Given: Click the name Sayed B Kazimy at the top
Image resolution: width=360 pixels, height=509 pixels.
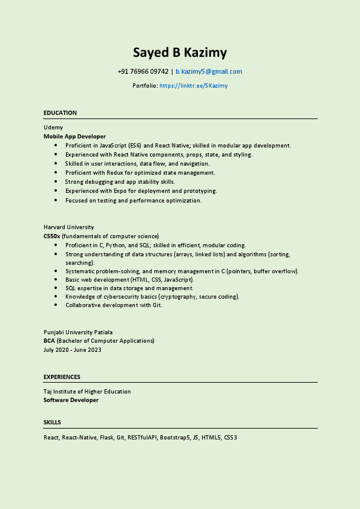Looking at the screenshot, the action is (180, 53).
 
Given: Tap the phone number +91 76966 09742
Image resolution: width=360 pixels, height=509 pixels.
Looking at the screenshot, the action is (143, 71).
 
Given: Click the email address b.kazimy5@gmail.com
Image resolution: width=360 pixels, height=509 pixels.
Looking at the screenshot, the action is (209, 71).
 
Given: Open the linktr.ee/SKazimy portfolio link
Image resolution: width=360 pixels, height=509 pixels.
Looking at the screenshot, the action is (194, 86).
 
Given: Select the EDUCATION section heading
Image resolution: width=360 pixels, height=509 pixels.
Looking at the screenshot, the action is (60, 113).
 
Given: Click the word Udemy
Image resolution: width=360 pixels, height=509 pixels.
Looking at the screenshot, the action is (53, 128).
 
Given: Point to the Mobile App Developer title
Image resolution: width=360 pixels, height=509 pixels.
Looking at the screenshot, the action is (74, 137).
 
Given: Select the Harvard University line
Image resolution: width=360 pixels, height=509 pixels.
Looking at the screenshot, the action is (69, 227).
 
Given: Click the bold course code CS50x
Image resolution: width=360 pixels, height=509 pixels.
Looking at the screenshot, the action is (51, 236).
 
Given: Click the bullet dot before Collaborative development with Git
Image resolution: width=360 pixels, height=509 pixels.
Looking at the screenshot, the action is (56, 305).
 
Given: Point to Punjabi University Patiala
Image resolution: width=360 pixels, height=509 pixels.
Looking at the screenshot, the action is (78, 332).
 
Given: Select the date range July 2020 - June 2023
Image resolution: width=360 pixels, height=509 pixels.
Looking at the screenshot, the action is (73, 350).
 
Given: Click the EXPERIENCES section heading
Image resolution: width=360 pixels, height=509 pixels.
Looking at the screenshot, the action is (62, 377).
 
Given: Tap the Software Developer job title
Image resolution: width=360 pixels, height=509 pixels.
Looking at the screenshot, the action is (71, 400).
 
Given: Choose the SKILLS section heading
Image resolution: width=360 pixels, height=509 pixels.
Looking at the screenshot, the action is (52, 423).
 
